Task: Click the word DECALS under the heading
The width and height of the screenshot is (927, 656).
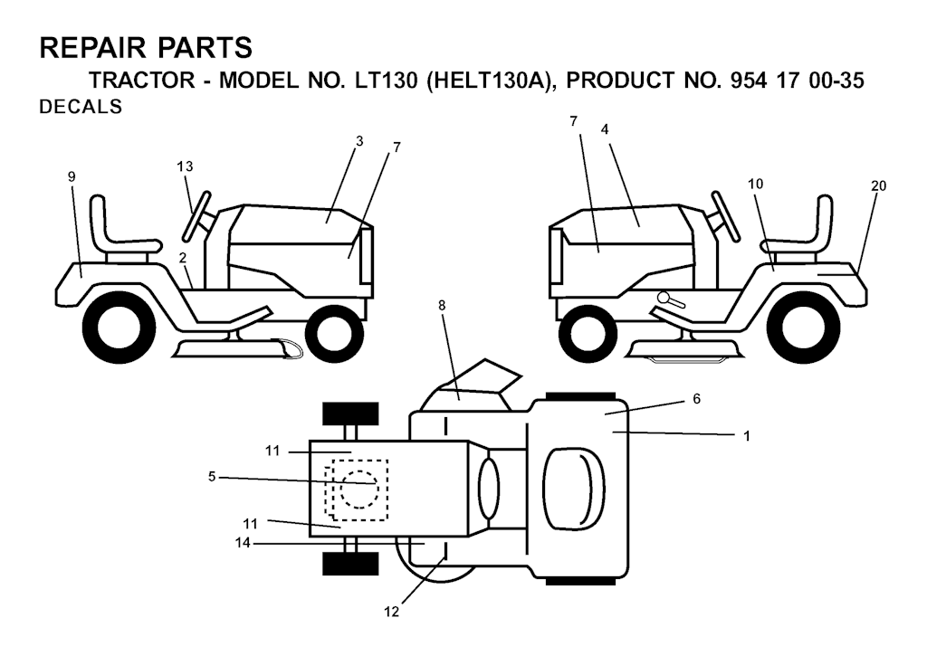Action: pyautogui.click(x=81, y=107)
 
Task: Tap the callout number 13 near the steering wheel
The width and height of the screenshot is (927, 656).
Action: pyautogui.click(x=185, y=166)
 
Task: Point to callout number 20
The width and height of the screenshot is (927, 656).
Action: pyautogui.click(x=878, y=185)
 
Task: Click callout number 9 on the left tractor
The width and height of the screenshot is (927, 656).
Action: pyautogui.click(x=72, y=176)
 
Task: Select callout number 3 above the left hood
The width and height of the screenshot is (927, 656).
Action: pyautogui.click(x=359, y=141)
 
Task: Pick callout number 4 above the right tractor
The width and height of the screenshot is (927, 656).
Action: pyautogui.click(x=604, y=129)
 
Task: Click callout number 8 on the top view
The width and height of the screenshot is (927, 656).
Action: pyautogui.click(x=442, y=305)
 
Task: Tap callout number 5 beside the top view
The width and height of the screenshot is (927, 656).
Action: pyautogui.click(x=212, y=476)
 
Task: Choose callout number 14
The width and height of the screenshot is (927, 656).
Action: pyautogui.click(x=243, y=543)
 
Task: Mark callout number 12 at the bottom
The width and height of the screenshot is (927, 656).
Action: pyautogui.click(x=391, y=612)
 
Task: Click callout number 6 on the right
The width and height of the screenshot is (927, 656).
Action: pyautogui.click(x=696, y=399)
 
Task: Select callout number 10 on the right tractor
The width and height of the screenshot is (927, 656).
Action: pyautogui.click(x=755, y=184)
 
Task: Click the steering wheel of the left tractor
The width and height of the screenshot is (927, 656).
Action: pyautogui.click(x=196, y=216)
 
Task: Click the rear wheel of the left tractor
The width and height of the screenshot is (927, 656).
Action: pyautogui.click(x=119, y=327)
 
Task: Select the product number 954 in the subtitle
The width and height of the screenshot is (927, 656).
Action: pyautogui.click(x=749, y=81)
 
